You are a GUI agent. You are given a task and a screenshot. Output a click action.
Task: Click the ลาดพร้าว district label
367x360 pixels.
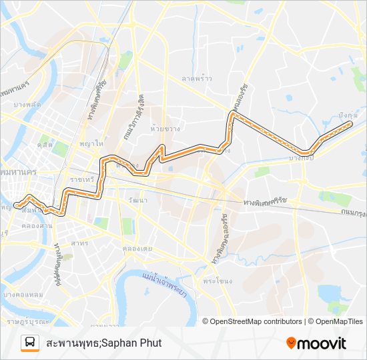[x=197, y=78]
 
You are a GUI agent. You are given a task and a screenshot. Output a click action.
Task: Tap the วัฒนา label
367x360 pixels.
[x=139, y=199]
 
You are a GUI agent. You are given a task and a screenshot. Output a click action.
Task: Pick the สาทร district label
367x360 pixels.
[x=79, y=243]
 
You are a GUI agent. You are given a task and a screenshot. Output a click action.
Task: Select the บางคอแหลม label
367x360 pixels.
[x=23, y=295]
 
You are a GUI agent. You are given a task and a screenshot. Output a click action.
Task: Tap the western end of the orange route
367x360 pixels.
[x=15, y=205]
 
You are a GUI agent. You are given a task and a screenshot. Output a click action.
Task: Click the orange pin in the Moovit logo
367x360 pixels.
[x=291, y=343]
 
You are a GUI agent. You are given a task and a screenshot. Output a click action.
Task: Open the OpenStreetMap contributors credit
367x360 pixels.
[x=256, y=321]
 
